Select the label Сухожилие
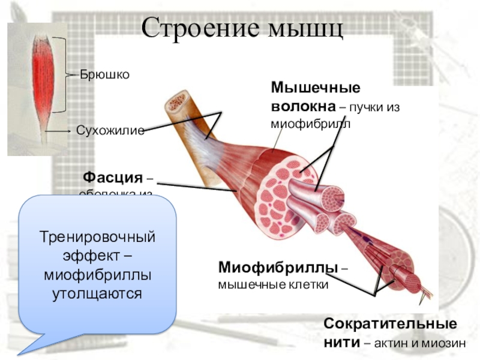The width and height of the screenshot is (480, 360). (110, 130)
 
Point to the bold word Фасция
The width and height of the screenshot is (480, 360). (113, 178)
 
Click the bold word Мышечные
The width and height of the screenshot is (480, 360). (316, 88)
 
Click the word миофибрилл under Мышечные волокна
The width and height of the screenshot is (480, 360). (310, 124)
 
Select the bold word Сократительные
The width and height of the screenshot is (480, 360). (390, 324)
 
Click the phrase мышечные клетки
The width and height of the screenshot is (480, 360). (273, 284)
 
